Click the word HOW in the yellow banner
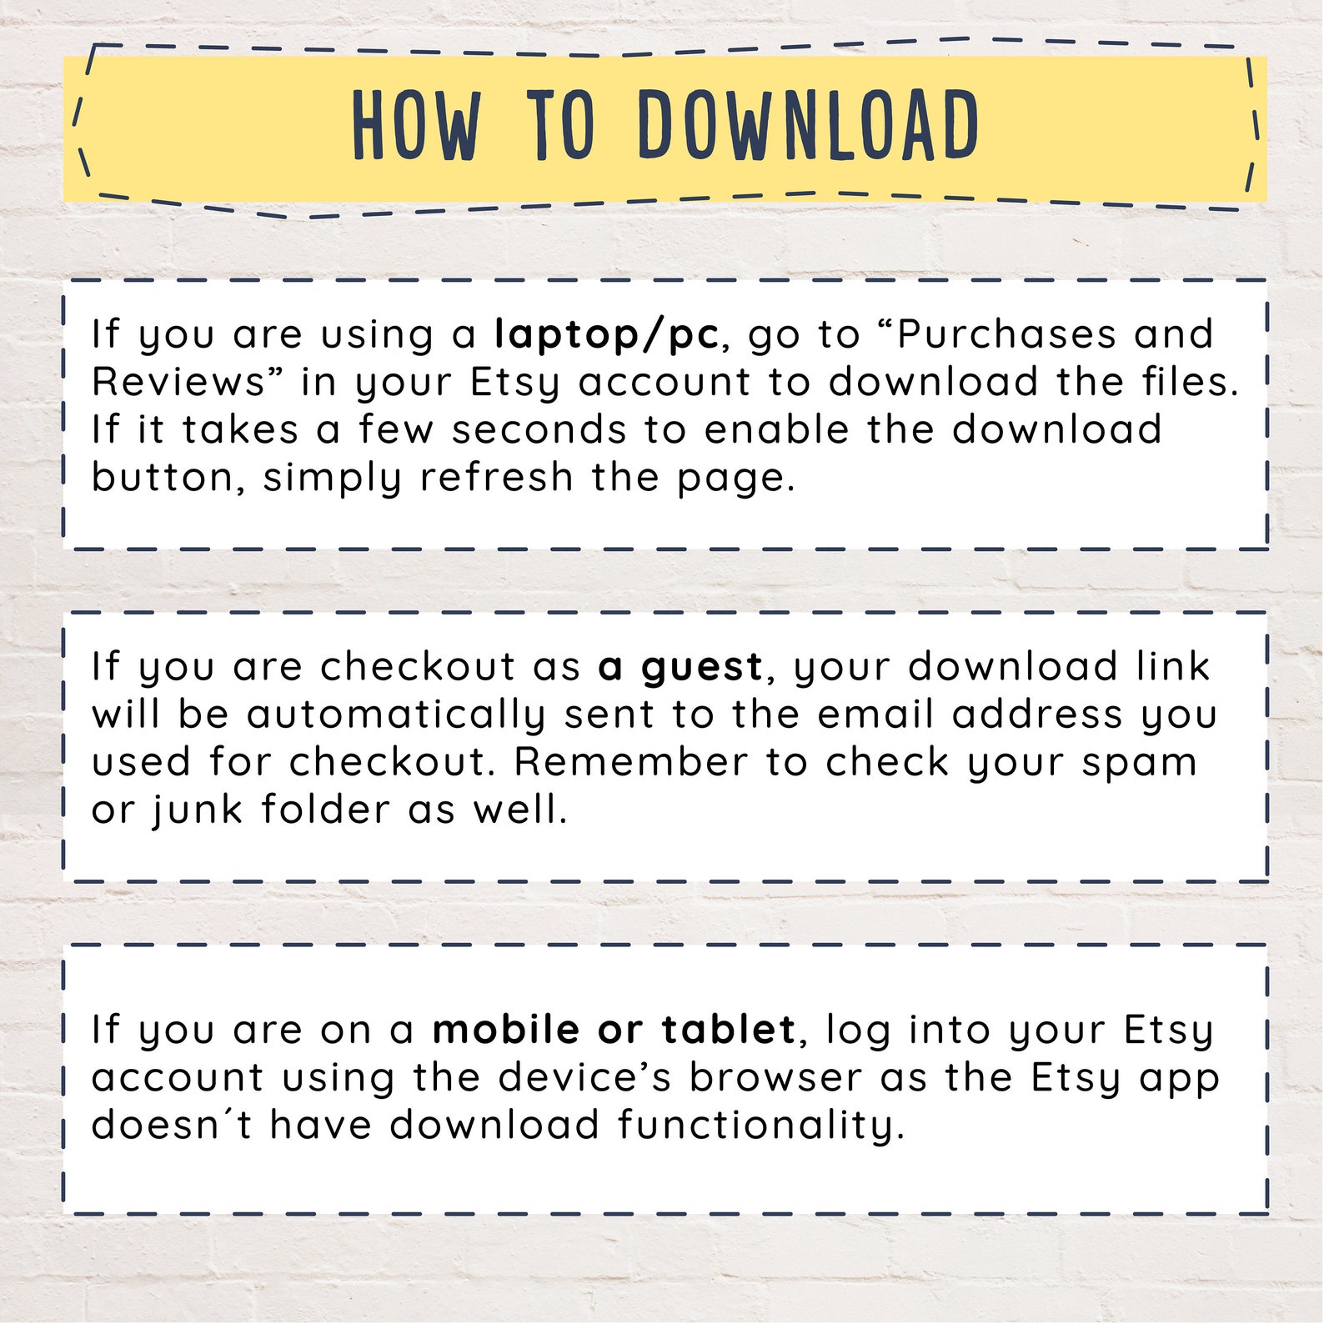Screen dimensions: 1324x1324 coord(417,125)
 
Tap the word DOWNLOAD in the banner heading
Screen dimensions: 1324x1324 coord(809,125)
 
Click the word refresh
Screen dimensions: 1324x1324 coord(497,478)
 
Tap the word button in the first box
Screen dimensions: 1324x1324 coord(163,478)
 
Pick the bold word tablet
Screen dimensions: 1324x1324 coord(729,1030)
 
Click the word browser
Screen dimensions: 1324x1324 coord(775,1077)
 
